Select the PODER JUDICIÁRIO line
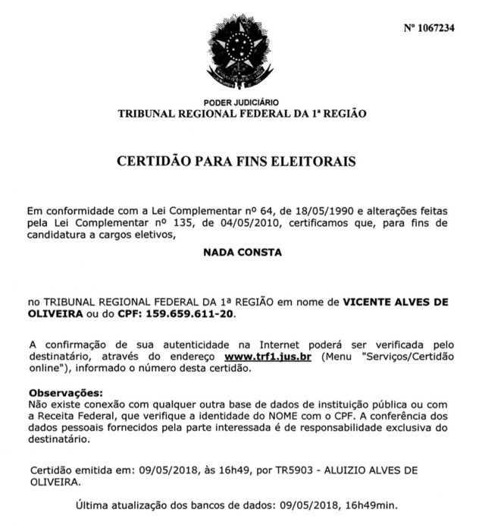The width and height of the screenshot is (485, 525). click(241, 102)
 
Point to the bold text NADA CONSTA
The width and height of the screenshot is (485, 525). click(242, 253)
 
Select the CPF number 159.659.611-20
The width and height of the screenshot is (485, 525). click(185, 313)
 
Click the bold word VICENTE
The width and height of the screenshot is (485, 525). click(370, 300)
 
